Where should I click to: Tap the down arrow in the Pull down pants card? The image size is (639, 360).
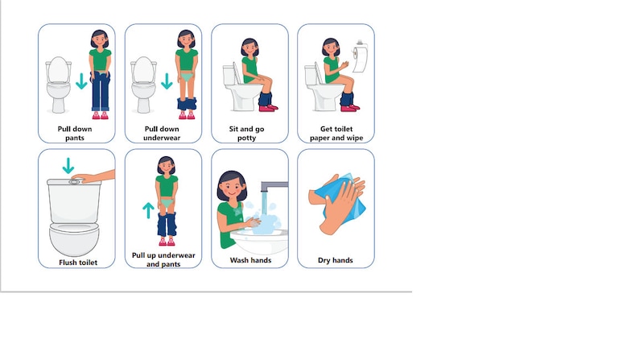[x=80, y=82]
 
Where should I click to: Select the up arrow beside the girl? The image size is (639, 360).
[x=148, y=210]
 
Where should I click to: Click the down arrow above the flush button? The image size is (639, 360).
[x=68, y=166]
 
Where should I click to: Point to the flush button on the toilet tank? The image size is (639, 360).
[x=74, y=181]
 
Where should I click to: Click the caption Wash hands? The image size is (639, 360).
[x=250, y=260]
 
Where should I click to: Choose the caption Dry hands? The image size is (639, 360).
[x=336, y=260]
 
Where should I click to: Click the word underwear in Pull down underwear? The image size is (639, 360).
[x=163, y=138]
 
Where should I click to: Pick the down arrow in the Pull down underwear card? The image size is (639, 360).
[x=167, y=82]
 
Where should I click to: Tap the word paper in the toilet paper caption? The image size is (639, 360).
[x=323, y=138]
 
